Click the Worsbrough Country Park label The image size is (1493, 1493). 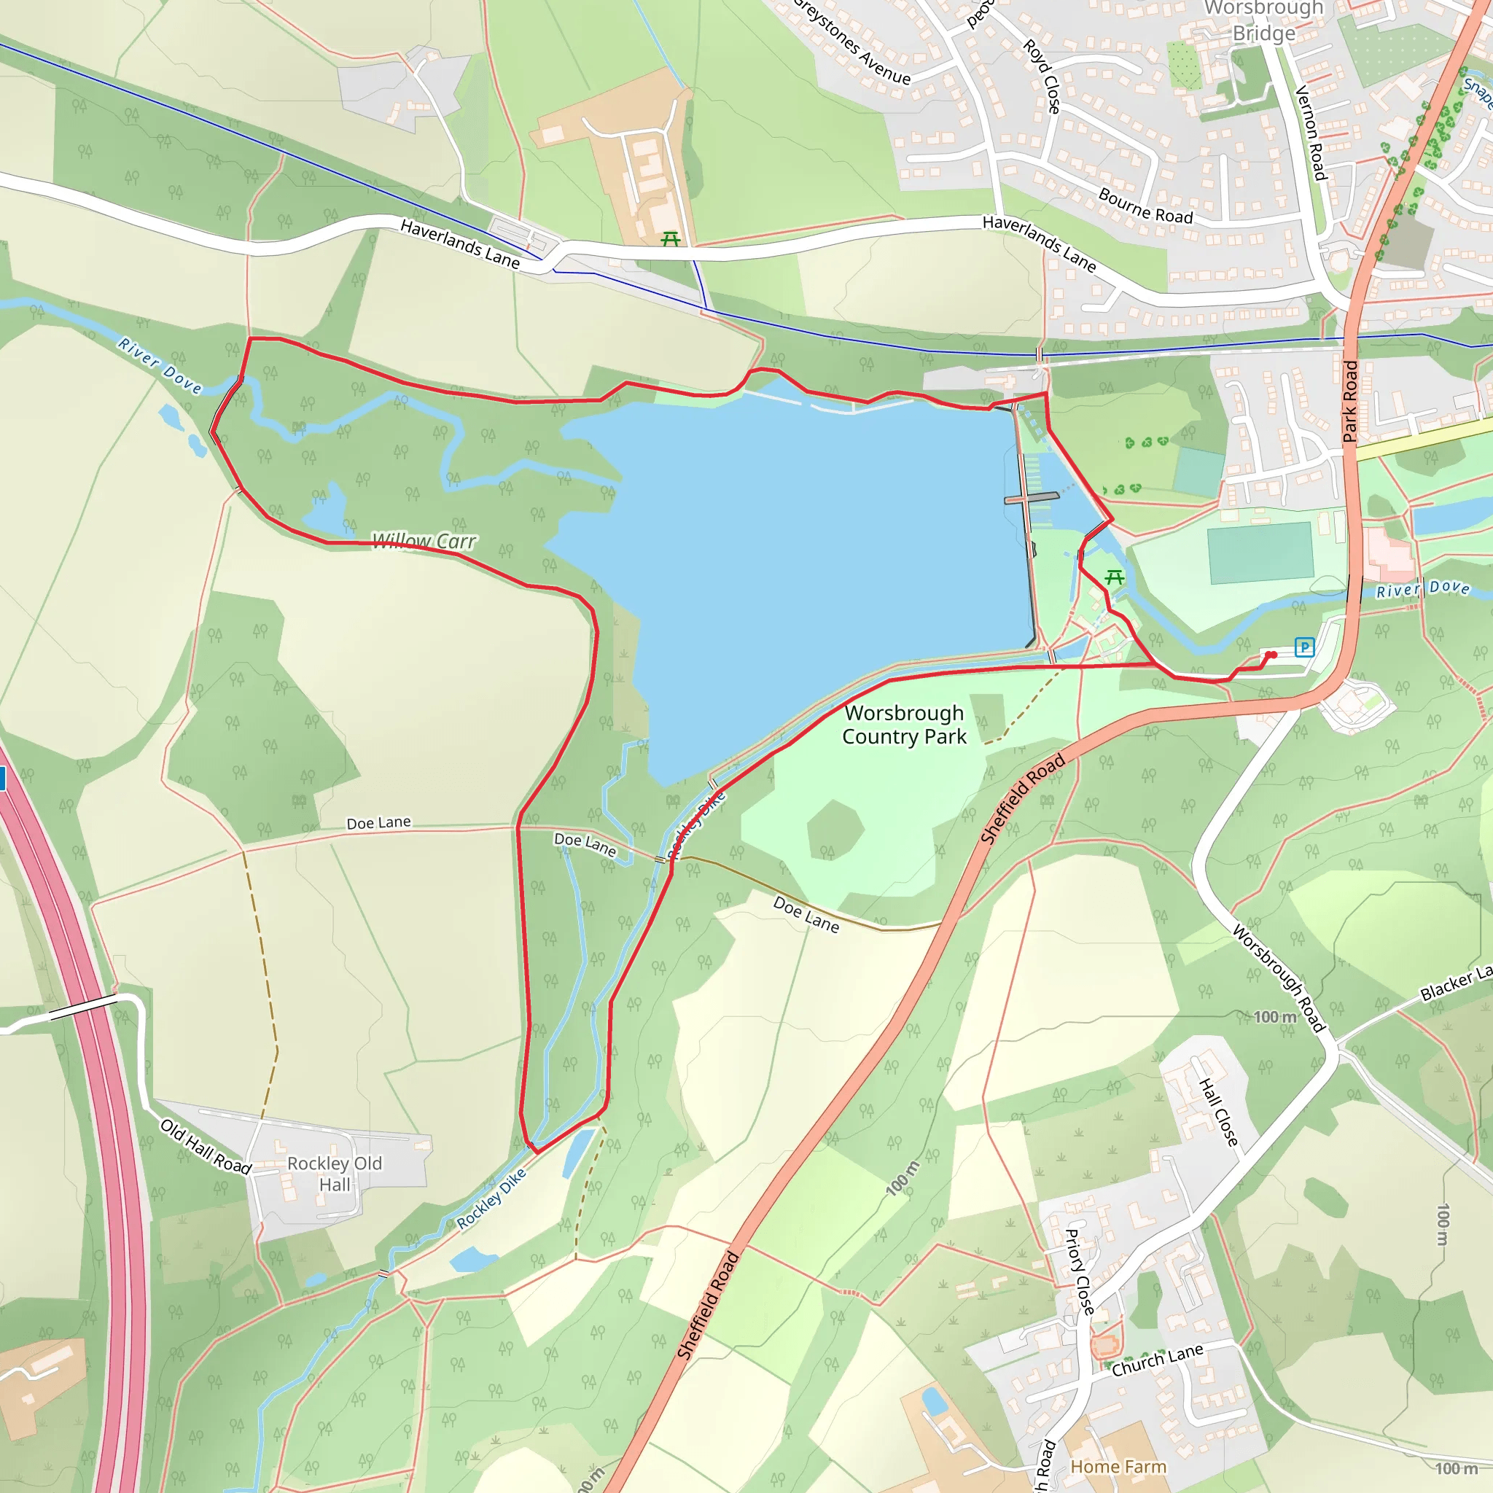coord(903,724)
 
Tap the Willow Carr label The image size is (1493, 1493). coord(424,541)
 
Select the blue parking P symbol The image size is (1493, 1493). coord(1304,647)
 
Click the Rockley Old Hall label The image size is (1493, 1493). coord(335,1174)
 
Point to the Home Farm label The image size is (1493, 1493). coord(1118,1466)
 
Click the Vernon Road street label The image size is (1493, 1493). coord(1311,133)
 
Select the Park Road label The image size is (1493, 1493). coord(1350,401)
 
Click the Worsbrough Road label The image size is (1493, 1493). coord(1279,978)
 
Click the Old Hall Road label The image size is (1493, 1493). coord(206,1146)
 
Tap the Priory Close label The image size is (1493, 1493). coord(1079,1271)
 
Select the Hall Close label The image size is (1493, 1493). coord(1219,1112)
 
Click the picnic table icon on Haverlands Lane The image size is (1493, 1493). coord(671,240)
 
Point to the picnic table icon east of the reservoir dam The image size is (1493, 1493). coord(1114,577)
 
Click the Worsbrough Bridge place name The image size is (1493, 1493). coord(1263,21)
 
